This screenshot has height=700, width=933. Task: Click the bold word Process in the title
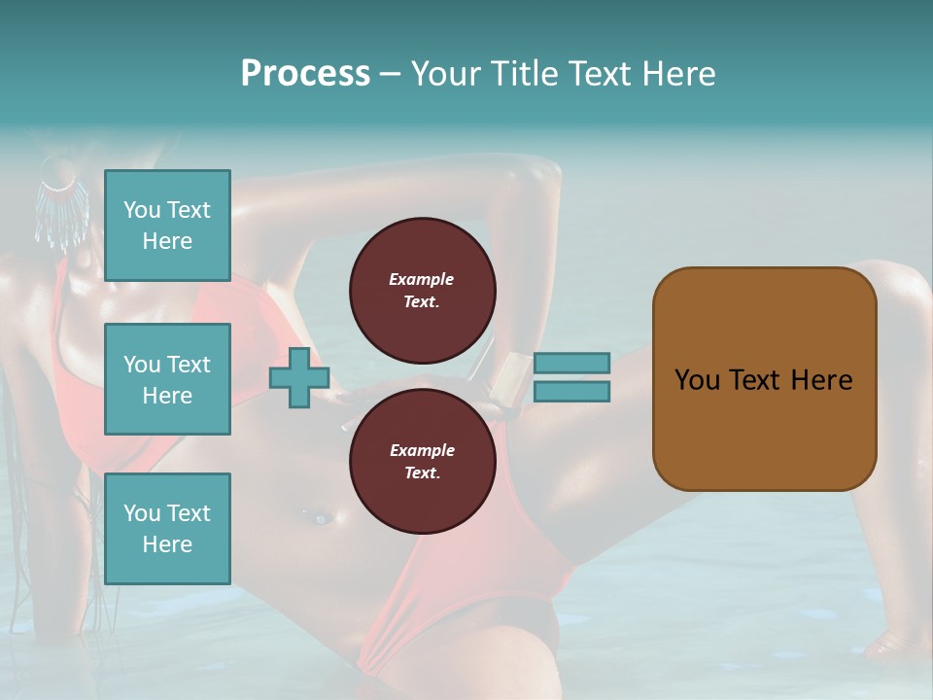(305, 74)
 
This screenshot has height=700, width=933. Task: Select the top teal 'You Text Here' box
(167, 226)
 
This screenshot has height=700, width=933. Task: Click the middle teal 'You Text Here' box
(167, 379)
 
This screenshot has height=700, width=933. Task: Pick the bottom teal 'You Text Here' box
(167, 528)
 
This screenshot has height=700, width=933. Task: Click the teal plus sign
(299, 376)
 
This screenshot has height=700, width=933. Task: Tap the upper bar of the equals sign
(571, 363)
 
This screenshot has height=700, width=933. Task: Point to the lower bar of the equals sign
(571, 392)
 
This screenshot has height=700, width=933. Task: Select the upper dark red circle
(422, 290)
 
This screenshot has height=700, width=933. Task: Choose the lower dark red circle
(422, 461)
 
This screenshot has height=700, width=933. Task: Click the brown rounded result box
(764, 378)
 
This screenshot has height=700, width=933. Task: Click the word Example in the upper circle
(421, 279)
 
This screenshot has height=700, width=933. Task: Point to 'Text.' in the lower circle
(421, 473)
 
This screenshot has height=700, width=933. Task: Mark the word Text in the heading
(604, 74)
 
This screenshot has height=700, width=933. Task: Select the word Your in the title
(446, 74)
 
